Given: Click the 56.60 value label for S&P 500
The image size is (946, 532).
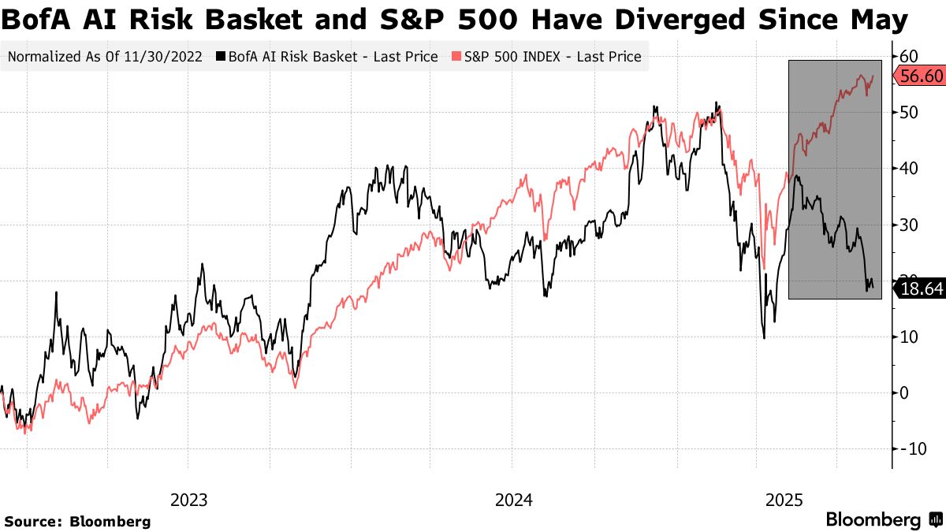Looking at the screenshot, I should click(919, 75).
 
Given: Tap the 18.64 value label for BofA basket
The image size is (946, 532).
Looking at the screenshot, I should click(919, 289).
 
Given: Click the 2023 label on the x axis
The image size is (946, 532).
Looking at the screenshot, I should click(189, 500).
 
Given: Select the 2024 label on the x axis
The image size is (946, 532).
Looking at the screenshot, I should click(514, 500).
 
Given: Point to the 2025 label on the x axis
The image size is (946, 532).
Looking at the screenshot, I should click(784, 500).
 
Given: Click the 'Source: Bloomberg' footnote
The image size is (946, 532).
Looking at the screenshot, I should click(77, 521).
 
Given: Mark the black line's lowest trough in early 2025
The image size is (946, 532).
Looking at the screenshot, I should click(764, 338).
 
